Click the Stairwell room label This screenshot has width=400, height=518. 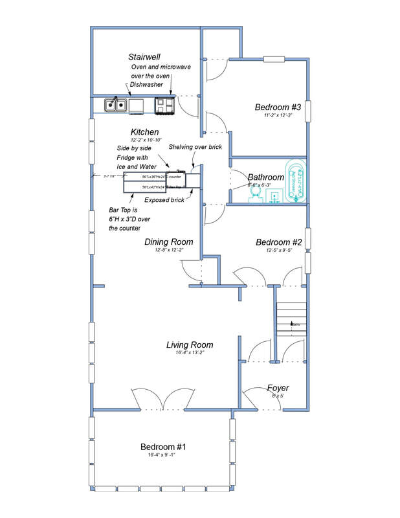coord(144,57)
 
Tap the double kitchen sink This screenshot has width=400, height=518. coord(116,104)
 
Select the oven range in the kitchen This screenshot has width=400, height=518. coord(164,104)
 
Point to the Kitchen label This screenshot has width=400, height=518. coord(144,131)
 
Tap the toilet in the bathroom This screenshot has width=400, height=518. coord(256,194)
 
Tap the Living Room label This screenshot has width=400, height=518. coord(190,344)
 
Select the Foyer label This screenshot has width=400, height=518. coord(278,388)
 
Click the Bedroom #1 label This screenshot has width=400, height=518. coord(163,447)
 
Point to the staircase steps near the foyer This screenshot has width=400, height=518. coord(289,321)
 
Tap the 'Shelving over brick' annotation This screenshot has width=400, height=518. coord(195,147)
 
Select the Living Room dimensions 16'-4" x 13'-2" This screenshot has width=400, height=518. coord(190,354)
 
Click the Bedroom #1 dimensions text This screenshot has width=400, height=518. coord(163,456)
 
